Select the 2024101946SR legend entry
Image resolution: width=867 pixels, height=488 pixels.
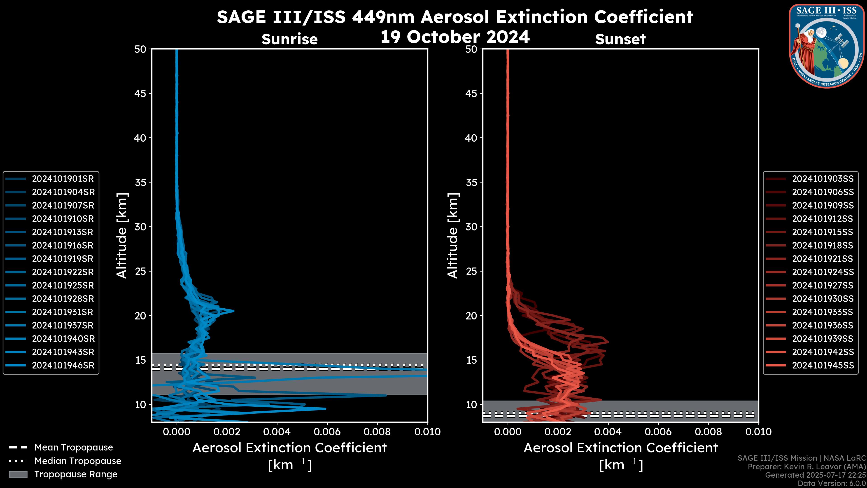(63, 365)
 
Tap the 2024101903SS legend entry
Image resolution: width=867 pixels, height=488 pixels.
(823, 179)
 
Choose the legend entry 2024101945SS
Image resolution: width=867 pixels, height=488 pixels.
(823, 365)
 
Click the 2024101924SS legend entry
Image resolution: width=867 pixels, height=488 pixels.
(823, 272)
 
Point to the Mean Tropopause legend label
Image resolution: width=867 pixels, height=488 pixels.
(74, 448)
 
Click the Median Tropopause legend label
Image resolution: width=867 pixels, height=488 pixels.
(78, 461)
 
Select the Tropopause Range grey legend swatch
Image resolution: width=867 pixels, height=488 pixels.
(18, 474)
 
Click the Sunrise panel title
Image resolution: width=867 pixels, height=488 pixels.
(289, 39)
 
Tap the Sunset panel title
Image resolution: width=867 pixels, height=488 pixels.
(620, 39)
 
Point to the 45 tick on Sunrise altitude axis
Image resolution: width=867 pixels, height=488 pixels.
(140, 94)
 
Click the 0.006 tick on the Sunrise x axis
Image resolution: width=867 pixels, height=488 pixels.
(327, 432)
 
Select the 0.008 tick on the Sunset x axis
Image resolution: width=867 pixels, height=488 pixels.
(709, 432)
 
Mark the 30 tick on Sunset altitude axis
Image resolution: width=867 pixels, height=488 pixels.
(471, 227)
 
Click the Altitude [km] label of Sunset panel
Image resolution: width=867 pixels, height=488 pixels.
(453, 235)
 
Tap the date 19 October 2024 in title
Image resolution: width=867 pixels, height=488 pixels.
(455, 37)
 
